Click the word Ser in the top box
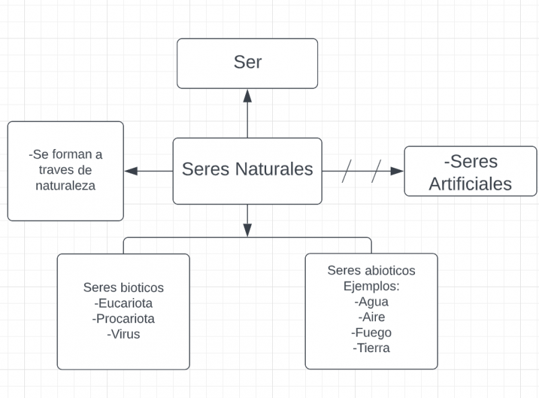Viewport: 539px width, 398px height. tap(247, 62)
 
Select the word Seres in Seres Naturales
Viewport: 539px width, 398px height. tap(206, 169)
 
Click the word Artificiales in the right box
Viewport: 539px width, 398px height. tap(470, 183)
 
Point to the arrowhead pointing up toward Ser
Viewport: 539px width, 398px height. tap(247, 96)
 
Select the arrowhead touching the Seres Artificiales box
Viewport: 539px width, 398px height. tap(397, 171)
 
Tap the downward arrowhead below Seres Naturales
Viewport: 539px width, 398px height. tap(247, 229)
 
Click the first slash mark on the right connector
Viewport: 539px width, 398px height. tap(348, 171)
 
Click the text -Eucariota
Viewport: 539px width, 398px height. tap(123, 303)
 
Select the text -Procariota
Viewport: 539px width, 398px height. tap(123, 318)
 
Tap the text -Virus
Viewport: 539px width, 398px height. tap(123, 333)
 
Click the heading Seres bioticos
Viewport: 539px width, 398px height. tap(123, 287)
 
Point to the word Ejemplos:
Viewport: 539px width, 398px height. tap(371, 286)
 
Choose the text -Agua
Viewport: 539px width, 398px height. tap(371, 302)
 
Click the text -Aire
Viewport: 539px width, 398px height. tap(371, 317)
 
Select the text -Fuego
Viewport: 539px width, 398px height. tap(371, 333)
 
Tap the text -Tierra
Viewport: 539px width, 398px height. tap(371, 348)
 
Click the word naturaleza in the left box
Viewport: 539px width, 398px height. tap(65, 186)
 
